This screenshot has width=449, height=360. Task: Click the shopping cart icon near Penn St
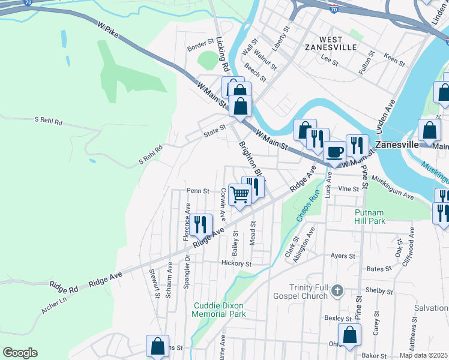click(x=239, y=194)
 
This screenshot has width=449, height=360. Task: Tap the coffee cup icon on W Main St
click(x=336, y=151)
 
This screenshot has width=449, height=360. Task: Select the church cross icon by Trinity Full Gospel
click(x=337, y=292)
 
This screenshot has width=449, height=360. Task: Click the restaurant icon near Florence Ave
click(x=201, y=225)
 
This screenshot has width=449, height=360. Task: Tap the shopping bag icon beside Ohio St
click(x=349, y=334)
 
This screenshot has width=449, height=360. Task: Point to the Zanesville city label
click(x=396, y=145)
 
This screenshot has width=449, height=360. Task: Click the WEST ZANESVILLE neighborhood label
click(x=330, y=42)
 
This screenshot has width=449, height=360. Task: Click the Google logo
click(x=20, y=353)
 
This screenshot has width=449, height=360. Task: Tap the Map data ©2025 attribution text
click(x=423, y=355)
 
